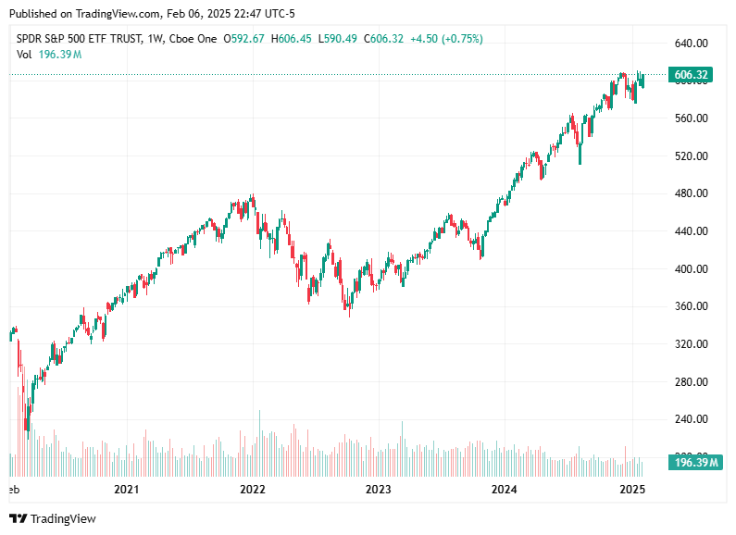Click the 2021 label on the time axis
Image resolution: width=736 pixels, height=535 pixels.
point(126,489)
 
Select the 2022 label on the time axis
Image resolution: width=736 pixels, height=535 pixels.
point(252,489)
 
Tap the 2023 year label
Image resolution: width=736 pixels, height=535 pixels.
point(378,489)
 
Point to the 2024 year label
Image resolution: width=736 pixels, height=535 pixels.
point(504,489)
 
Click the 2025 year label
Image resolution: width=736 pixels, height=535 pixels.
point(631,489)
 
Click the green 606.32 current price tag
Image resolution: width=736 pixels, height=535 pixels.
point(692,75)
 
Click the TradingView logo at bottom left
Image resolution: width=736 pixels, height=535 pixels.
point(53,519)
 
